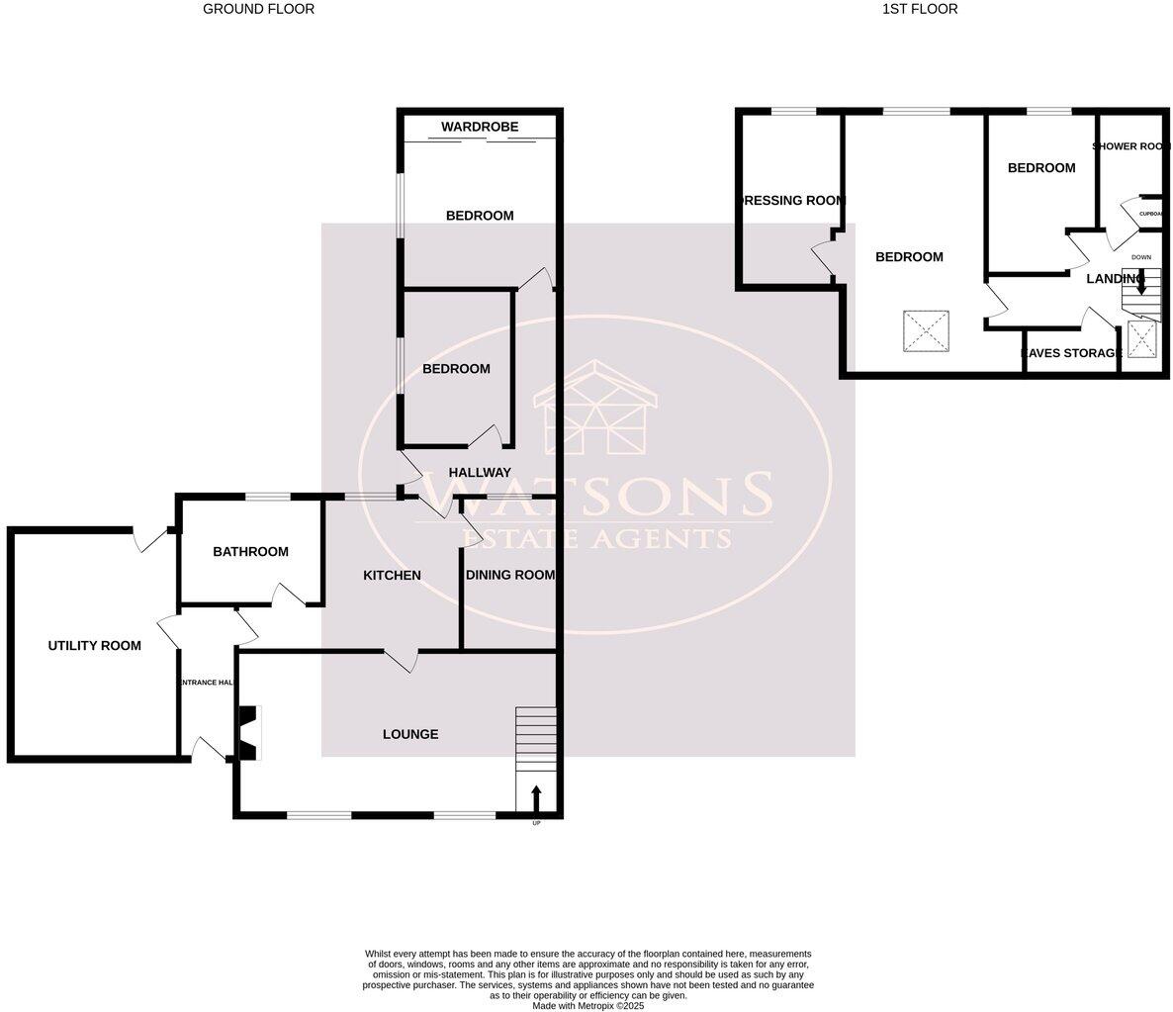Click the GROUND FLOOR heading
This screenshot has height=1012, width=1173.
point(258,9)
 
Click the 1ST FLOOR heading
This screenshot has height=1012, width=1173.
point(920,9)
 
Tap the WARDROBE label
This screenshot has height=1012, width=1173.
point(480,127)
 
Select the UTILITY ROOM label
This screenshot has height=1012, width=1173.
point(95,646)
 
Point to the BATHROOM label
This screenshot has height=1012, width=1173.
point(250,552)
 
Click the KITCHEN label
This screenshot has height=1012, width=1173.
point(392,576)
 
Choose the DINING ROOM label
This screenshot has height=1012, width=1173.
point(510,576)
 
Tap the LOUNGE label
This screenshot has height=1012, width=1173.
point(410,735)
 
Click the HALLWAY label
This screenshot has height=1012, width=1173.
point(480,473)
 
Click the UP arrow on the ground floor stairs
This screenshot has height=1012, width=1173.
point(536,795)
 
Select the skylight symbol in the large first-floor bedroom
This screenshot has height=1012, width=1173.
point(926,331)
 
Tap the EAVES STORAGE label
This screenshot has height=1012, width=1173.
point(1071,353)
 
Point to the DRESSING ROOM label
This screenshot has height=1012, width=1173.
point(792,201)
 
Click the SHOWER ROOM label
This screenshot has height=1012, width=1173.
point(1131,146)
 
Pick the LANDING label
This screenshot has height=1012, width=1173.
point(1115,279)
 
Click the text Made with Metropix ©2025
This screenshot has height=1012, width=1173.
point(587,1005)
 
